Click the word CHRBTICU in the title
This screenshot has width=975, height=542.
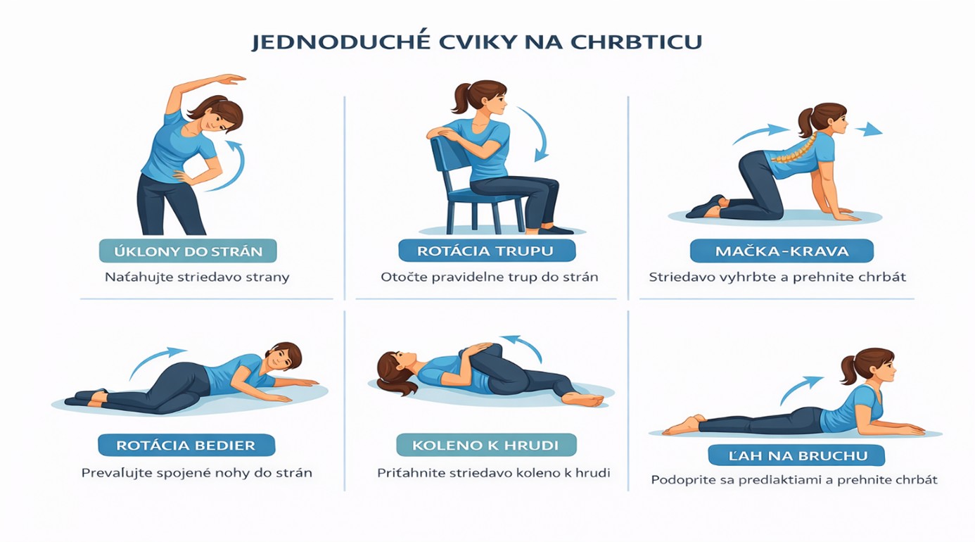coord(636,42)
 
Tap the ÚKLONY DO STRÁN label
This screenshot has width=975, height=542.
coord(188,251)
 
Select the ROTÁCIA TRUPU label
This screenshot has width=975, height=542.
coord(487,251)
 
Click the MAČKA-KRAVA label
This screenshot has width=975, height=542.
coord(782,251)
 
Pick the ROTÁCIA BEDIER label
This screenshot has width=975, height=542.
coord(186,446)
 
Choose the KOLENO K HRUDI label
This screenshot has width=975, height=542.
coord(486,445)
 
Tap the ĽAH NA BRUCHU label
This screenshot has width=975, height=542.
coord(796,455)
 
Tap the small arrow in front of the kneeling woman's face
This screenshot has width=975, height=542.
coord(869,130)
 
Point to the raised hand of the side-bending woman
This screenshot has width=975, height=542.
coord(231,79)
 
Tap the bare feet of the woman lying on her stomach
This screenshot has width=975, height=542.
coord(682,424)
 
